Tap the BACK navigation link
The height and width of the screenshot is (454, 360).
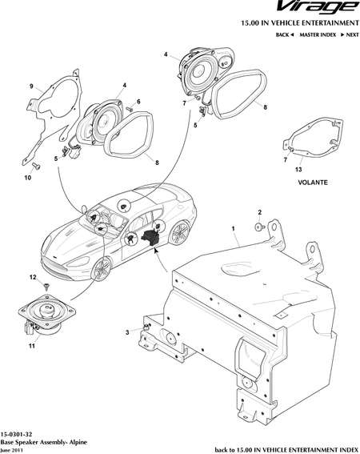(285, 34)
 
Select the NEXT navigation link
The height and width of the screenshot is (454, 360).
(350, 34)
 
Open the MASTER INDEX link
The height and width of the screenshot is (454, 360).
(318, 34)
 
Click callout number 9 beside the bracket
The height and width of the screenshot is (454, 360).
(31, 86)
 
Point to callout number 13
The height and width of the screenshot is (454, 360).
(298, 170)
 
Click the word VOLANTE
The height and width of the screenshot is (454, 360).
(313, 183)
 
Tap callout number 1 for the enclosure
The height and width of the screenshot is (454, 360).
(233, 228)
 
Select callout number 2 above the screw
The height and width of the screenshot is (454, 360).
(259, 212)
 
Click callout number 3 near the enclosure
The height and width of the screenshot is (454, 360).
(127, 332)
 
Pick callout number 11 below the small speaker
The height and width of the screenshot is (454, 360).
(32, 346)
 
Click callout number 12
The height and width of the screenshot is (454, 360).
(33, 277)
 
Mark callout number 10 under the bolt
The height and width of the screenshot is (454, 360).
(27, 178)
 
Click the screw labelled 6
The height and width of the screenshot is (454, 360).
(129, 109)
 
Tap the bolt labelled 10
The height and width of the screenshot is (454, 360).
(36, 167)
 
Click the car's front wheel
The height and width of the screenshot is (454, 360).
(102, 268)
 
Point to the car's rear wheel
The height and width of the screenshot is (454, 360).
(179, 232)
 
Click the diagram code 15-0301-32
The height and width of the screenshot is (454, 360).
(16, 434)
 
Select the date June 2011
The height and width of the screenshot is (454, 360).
(11, 451)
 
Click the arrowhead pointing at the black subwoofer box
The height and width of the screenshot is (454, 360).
(155, 250)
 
